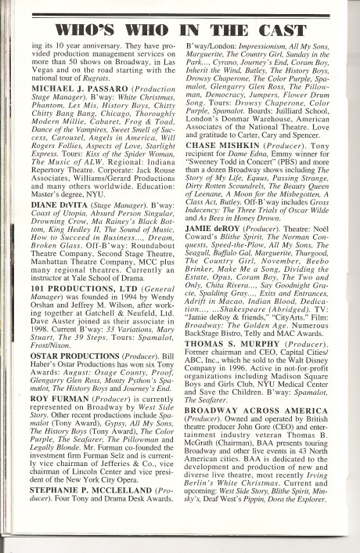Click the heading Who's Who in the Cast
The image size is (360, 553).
click(183, 31)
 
